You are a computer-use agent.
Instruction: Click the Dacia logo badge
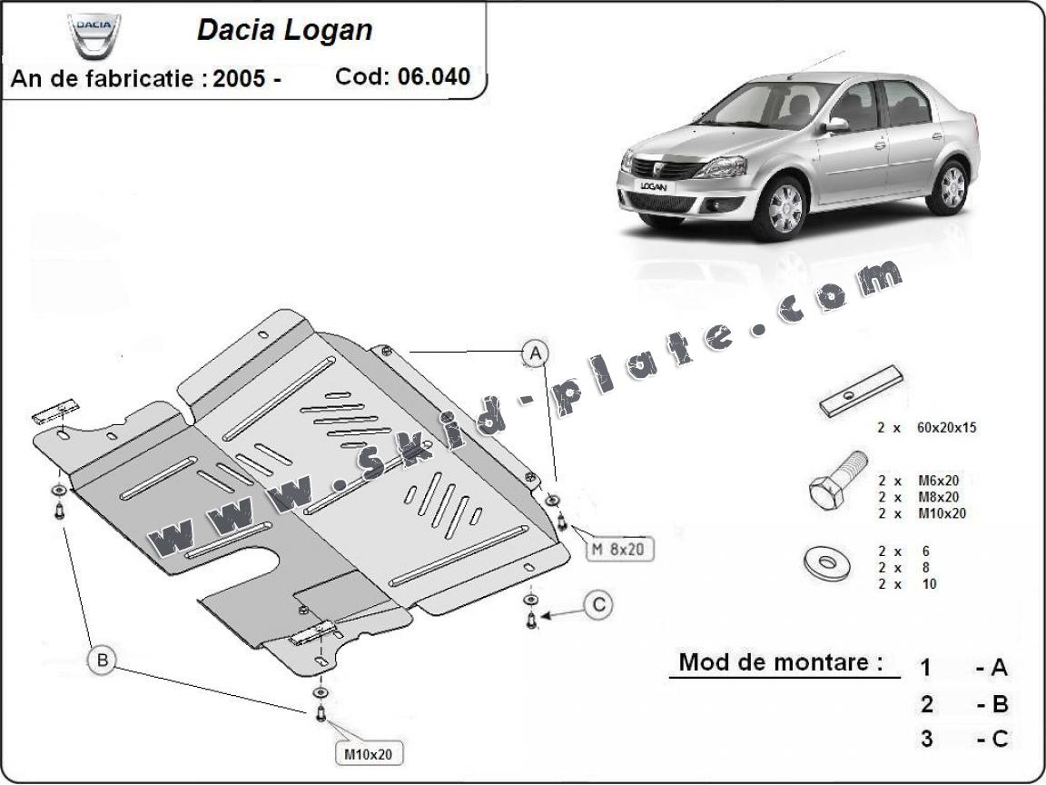coord(93,34)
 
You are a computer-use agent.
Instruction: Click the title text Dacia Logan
coord(284,30)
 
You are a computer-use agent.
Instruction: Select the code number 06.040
coord(434,76)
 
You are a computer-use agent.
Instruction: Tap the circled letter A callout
coord(536,353)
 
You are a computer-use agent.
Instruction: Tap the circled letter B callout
coord(102,660)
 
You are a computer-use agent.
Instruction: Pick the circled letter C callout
coord(597,605)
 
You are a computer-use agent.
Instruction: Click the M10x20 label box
coord(368,753)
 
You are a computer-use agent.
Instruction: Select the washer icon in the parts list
coord(825,562)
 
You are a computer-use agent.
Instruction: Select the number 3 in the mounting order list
coord(926,739)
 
